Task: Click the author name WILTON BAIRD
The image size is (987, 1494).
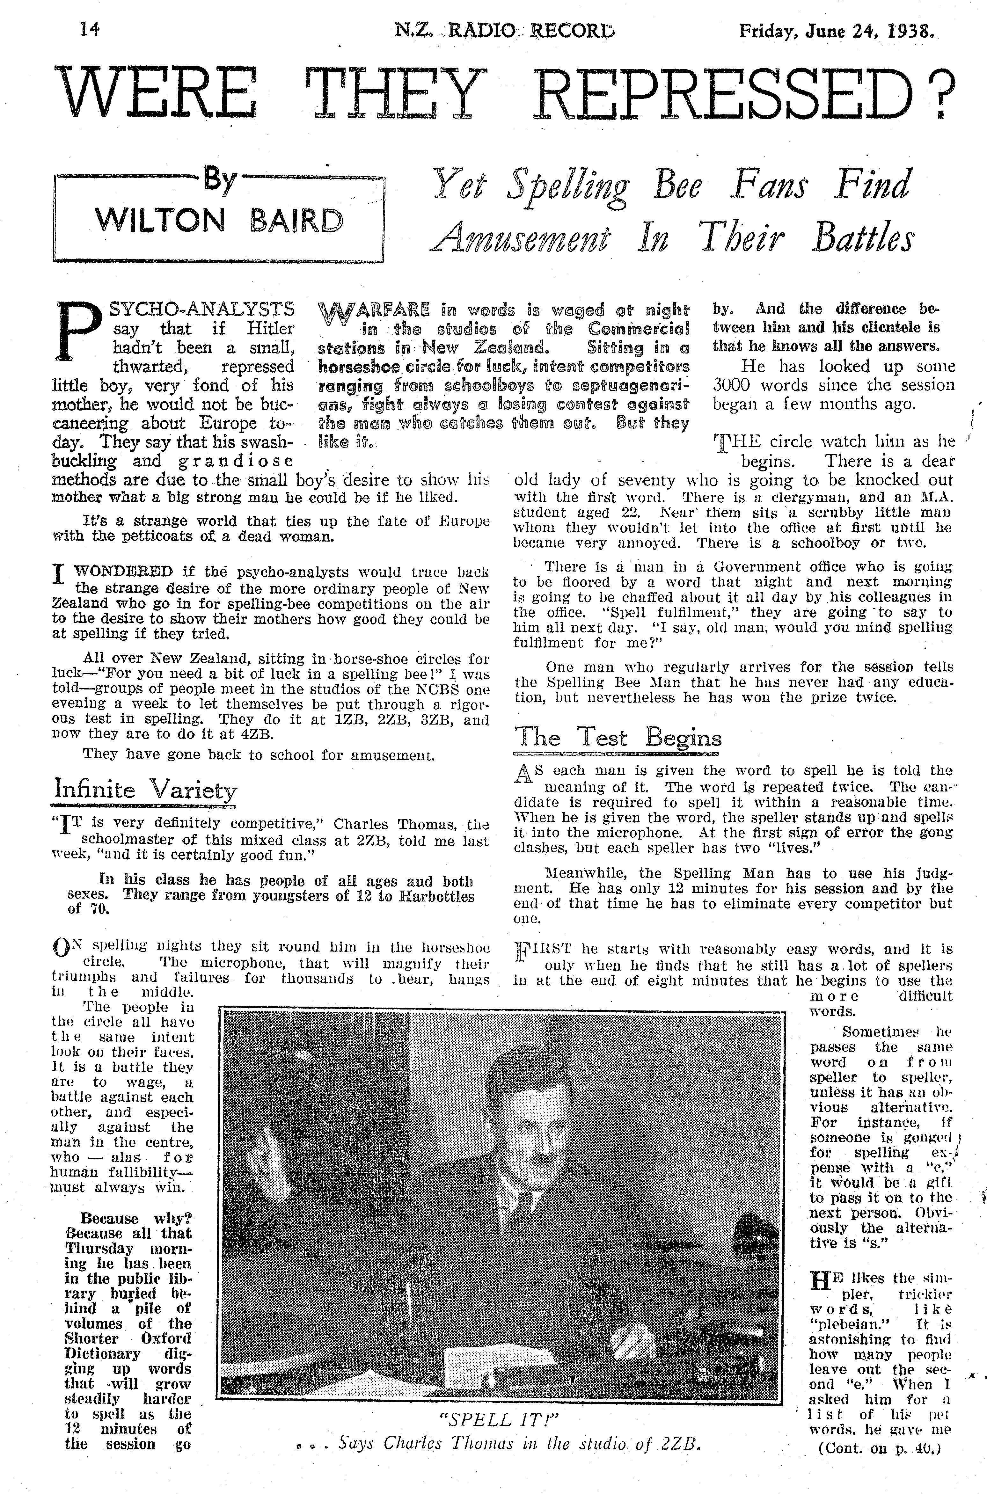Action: pos(219,221)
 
